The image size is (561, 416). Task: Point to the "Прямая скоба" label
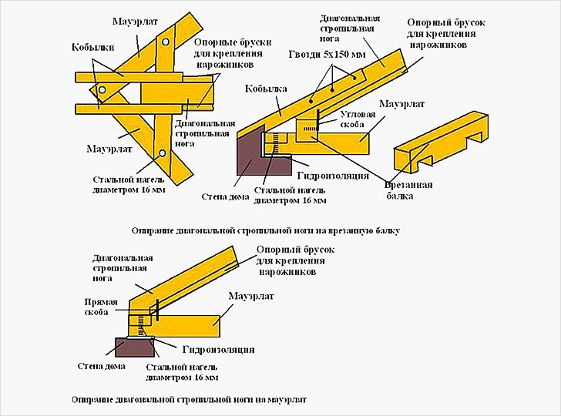pyautogui.click(x=102, y=307)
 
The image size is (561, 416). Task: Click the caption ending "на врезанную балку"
pyautogui.click(x=266, y=230)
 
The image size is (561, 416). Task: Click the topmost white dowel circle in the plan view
pyautogui.click(x=167, y=39)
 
